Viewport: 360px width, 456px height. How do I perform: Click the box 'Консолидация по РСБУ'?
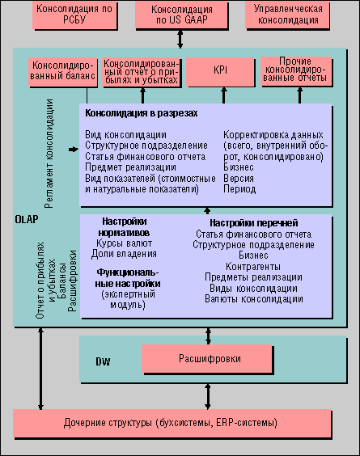[74, 15]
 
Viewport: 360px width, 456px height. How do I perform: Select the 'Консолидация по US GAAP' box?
[181, 15]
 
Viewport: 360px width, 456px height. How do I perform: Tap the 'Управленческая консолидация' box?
[287, 15]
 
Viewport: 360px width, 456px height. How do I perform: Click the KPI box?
[220, 72]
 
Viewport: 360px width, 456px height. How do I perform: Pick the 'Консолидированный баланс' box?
[63, 72]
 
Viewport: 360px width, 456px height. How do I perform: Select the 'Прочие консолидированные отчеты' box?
[296, 71]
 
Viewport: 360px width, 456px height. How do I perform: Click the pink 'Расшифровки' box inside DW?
[207, 359]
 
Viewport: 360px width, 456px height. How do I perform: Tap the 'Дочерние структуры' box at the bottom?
[172, 424]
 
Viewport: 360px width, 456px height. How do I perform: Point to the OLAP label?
[27, 219]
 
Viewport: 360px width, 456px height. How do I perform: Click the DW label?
[103, 361]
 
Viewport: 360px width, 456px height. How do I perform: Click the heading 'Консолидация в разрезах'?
[142, 113]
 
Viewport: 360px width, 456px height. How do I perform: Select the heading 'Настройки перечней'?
[254, 223]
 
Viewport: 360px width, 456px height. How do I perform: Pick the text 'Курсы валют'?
[125, 243]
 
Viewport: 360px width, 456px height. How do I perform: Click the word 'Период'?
[239, 189]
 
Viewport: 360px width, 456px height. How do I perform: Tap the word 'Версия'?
[239, 178]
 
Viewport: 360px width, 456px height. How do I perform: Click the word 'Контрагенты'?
[253, 266]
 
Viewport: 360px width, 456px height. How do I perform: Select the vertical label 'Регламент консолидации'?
[49, 154]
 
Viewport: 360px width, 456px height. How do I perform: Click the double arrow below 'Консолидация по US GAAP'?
[180, 39]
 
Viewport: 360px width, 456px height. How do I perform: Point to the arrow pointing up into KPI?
[223, 95]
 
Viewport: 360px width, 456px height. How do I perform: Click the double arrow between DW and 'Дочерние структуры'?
[207, 396]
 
